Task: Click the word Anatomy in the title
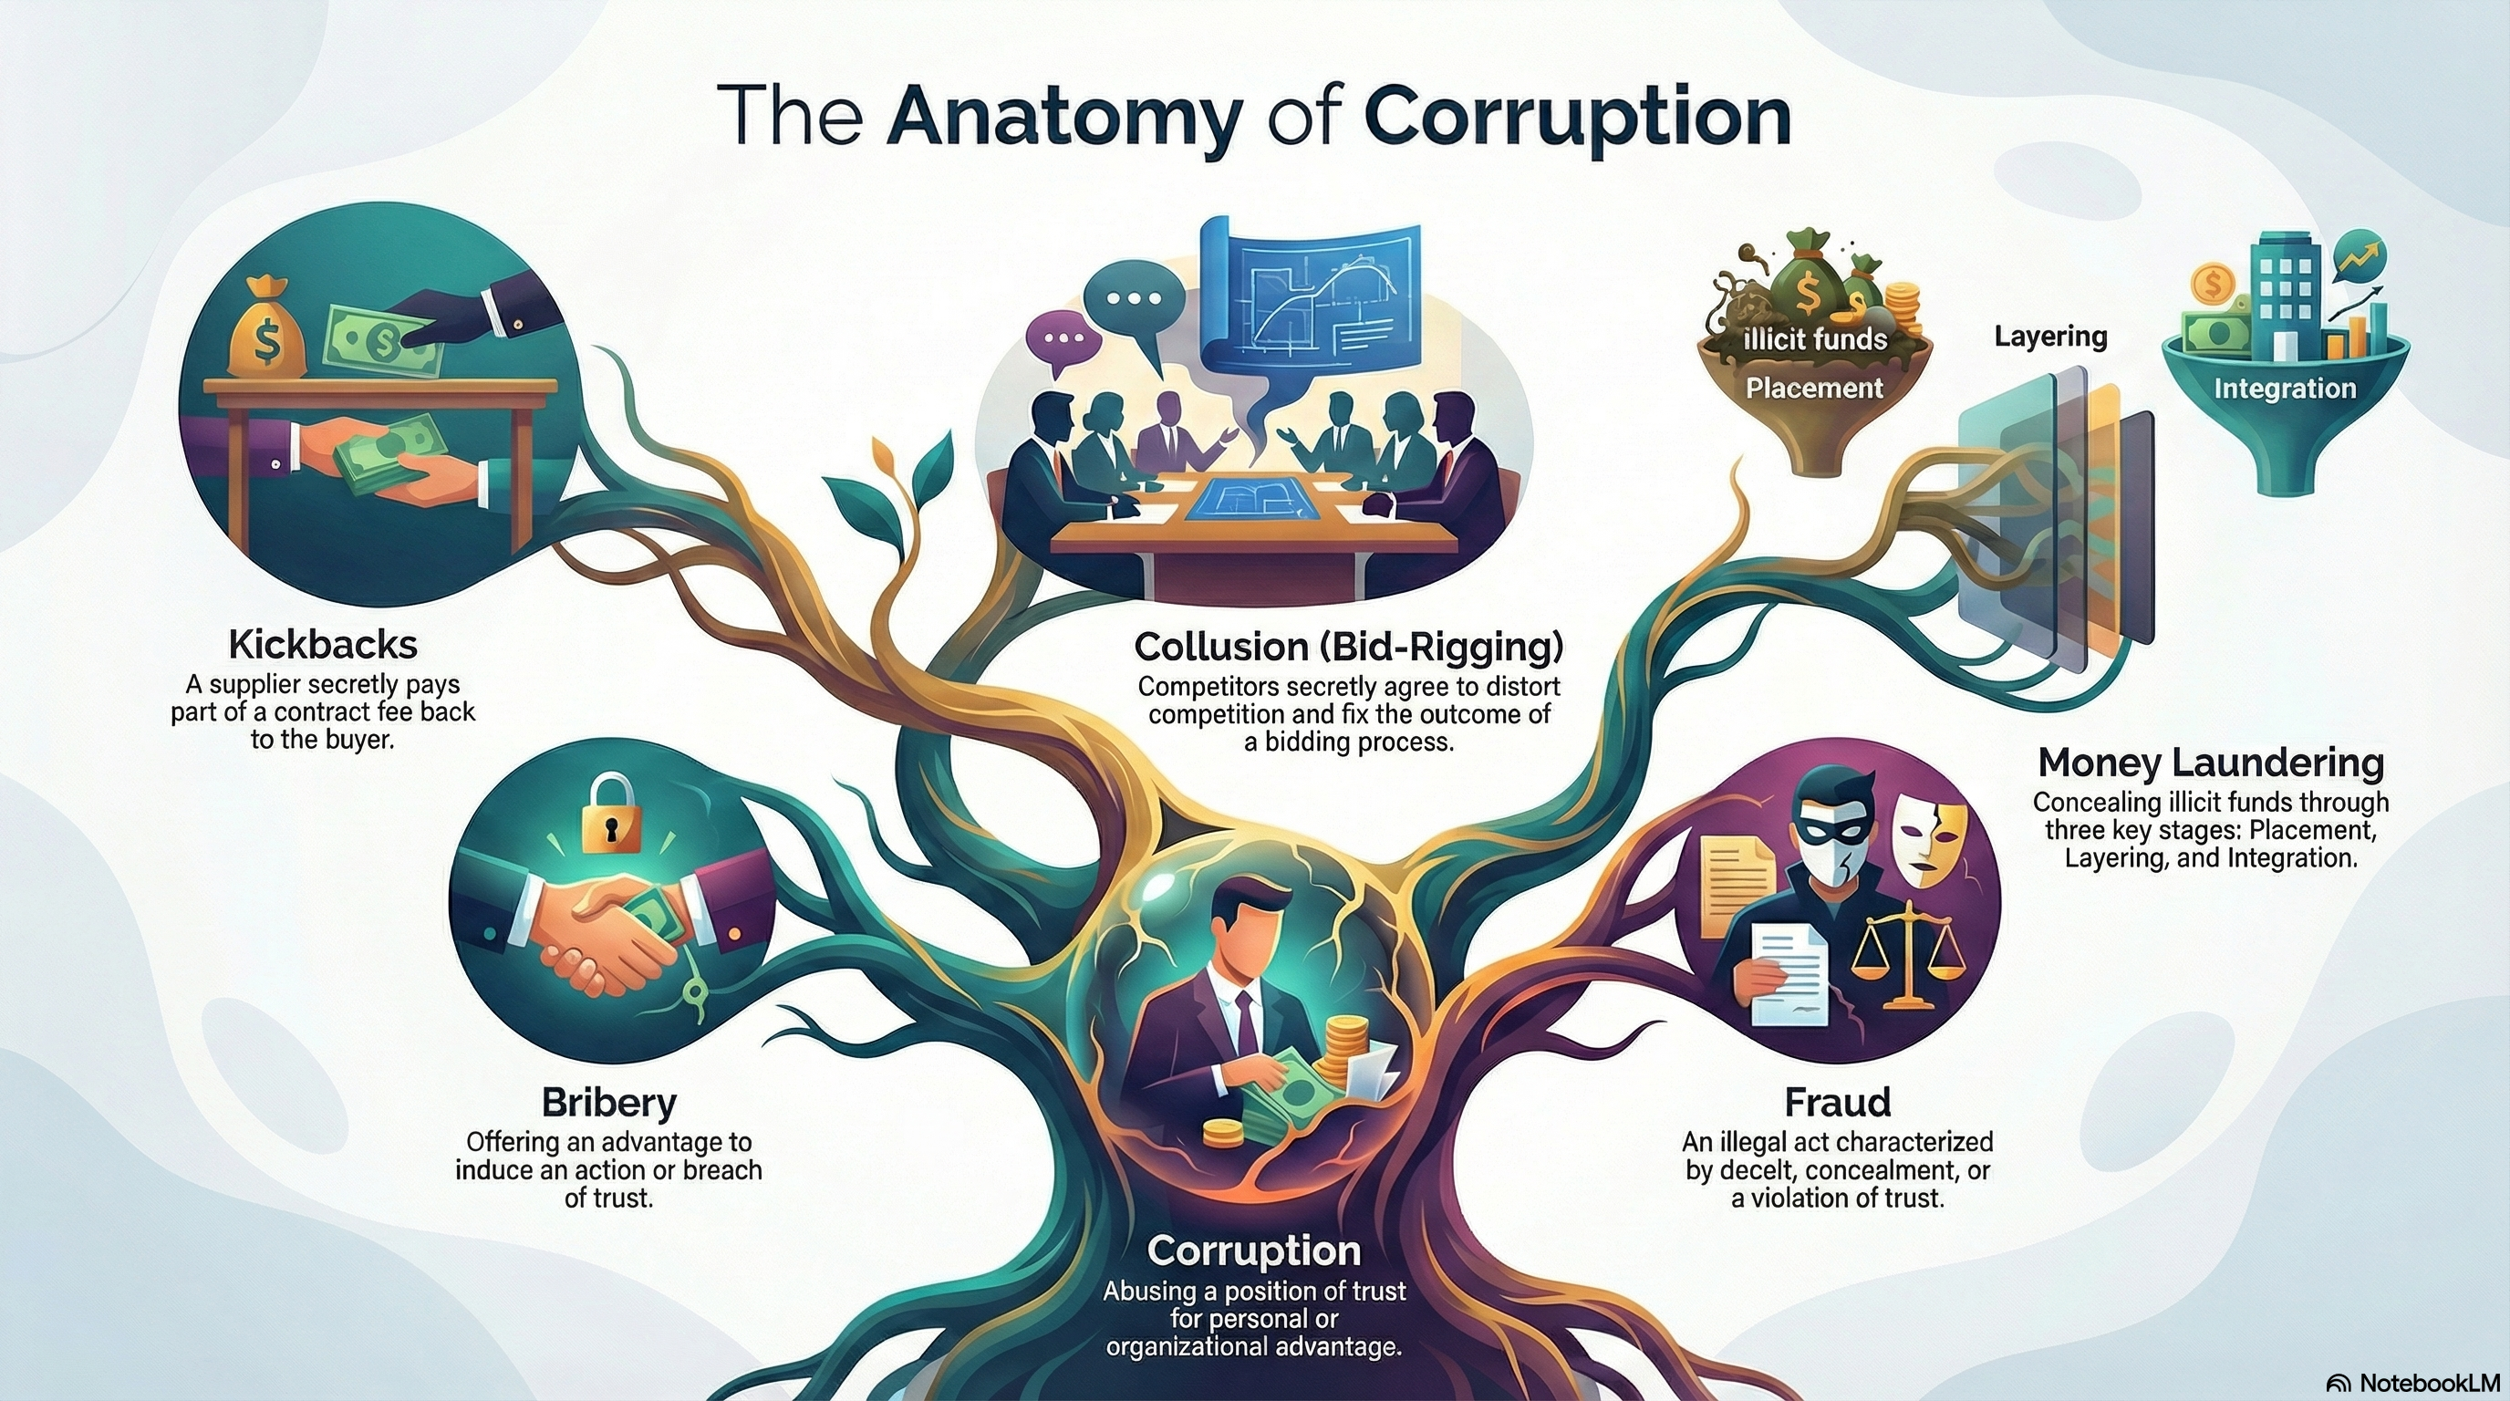tap(1065, 119)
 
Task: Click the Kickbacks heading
tap(323, 645)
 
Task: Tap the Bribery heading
tap(608, 1102)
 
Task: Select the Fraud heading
tap(1837, 1102)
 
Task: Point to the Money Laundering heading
tap(2210, 762)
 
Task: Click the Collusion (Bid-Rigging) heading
tap(1350, 646)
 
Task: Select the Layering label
tap(2050, 337)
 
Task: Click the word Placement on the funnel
tap(1813, 388)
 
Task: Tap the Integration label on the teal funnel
tap(2284, 388)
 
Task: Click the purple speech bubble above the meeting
tap(1063, 341)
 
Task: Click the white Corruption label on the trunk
tap(1254, 1250)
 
